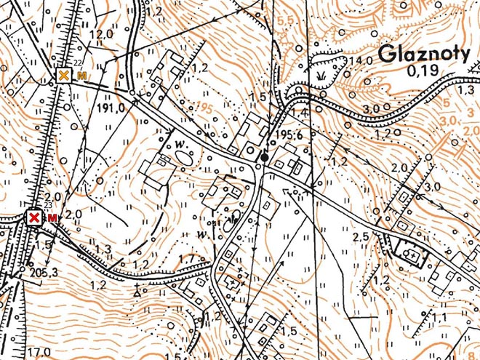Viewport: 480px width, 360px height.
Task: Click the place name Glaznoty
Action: pos(428,55)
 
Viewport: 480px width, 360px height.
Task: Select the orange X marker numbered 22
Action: pos(64,76)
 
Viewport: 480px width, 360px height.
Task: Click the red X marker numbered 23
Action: pos(33,217)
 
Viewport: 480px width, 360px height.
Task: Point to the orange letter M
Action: pos(81,76)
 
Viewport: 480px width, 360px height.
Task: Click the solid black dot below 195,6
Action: pos(265,156)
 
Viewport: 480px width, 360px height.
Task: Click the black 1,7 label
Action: pos(186,258)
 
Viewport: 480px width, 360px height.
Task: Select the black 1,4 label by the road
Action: pos(300,111)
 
